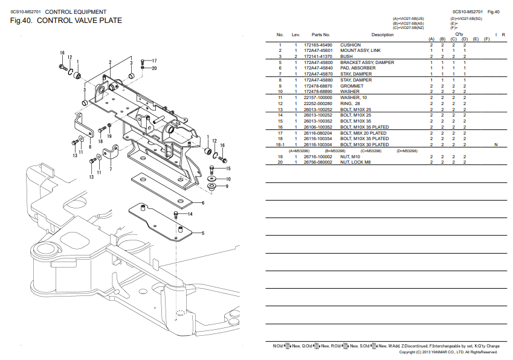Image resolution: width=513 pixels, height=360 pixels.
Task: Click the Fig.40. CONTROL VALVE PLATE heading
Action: point(66,21)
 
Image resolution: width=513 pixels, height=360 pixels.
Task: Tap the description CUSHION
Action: point(350,45)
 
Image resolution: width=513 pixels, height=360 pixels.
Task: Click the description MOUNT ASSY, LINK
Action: point(360,51)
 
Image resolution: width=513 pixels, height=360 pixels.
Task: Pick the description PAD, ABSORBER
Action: point(358,68)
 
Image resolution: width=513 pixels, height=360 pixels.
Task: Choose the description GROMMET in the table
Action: point(352,86)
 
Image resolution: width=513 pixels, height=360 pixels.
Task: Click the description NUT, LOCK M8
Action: point(357,162)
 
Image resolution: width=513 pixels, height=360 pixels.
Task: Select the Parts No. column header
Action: point(320,34)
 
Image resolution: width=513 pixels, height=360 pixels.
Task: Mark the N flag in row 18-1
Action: point(495,145)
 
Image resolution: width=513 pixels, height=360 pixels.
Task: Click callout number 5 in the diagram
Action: point(202,233)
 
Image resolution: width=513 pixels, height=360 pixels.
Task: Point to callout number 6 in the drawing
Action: point(202,204)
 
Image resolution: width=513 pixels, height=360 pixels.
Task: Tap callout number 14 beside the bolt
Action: point(190,214)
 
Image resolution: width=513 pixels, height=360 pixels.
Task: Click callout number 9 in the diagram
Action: point(227,187)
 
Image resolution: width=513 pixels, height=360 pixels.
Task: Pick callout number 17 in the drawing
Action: point(154,61)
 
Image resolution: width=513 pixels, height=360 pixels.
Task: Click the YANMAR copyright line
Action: point(450,352)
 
